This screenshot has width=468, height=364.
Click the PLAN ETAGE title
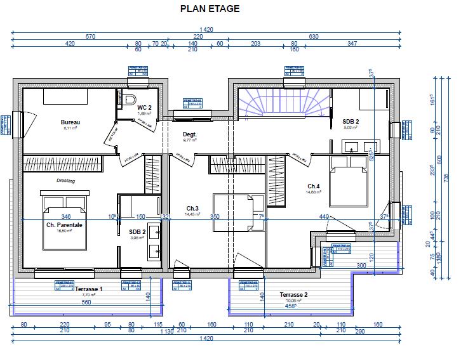(x=210, y=9)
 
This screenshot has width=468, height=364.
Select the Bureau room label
(x=70, y=122)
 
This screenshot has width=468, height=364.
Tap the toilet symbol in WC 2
(x=130, y=99)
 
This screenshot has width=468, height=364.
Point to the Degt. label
(x=190, y=134)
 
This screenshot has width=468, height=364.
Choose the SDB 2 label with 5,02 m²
(x=351, y=121)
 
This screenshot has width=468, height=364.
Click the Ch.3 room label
(x=192, y=208)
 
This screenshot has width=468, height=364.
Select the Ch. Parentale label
(x=64, y=225)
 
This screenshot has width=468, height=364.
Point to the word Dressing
(x=65, y=181)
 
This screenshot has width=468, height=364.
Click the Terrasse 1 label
(x=88, y=289)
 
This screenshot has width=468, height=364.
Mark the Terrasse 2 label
(x=293, y=295)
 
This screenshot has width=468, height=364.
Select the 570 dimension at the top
(x=90, y=37)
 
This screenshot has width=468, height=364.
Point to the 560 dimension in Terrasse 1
(x=86, y=302)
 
